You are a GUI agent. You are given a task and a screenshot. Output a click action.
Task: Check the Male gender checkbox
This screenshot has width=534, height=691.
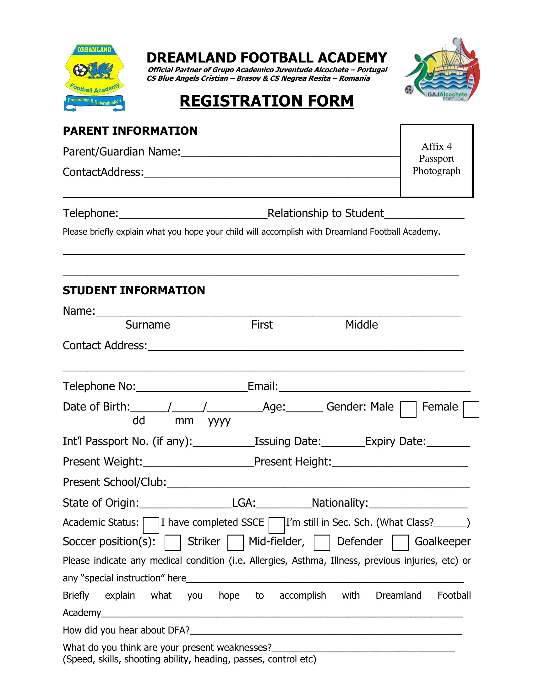[408, 409]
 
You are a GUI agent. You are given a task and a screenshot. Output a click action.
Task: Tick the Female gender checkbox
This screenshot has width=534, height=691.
[471, 409]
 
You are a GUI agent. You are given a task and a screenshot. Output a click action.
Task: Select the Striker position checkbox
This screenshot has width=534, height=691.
[173, 543]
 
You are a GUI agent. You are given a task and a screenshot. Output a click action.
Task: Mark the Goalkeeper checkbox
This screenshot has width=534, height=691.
[400, 543]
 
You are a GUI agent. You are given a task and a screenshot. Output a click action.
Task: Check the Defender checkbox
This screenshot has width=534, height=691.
[322, 543]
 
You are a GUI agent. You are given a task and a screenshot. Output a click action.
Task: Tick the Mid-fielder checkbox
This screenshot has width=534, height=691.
[235, 543]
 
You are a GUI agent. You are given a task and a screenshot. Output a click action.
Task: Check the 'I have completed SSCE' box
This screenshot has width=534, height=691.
[151, 525]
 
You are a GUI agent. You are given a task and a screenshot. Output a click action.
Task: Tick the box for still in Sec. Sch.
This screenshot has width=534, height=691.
[276, 525]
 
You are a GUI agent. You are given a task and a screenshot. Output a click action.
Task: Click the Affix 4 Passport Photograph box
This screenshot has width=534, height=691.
[437, 161]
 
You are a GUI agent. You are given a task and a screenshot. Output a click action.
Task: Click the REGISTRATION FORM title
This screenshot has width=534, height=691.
[267, 101]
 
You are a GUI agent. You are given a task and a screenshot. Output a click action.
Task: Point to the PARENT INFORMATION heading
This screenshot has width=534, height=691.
[130, 131]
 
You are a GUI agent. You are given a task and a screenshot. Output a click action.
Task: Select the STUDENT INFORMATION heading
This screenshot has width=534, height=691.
[134, 290]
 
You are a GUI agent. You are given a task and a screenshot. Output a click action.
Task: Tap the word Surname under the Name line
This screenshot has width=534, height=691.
[147, 325]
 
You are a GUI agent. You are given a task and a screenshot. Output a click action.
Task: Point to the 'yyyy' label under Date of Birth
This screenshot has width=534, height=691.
[219, 421]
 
